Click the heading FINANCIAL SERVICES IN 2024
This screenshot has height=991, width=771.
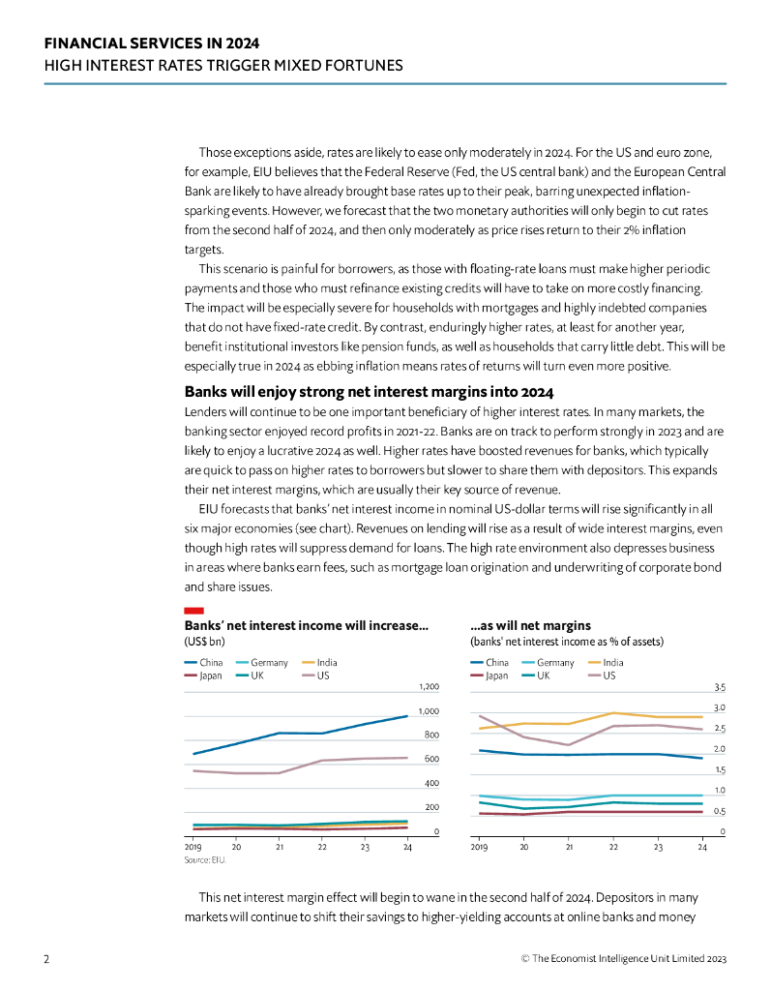click(152, 44)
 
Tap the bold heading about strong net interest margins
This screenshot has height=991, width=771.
click(369, 392)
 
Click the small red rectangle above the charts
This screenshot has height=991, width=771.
click(193, 611)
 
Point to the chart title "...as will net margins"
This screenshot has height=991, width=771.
click(530, 626)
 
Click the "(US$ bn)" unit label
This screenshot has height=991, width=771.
click(204, 642)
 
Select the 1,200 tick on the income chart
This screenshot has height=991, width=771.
click(429, 687)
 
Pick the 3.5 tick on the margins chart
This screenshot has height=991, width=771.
click(720, 687)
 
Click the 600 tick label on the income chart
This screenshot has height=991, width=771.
click(431, 760)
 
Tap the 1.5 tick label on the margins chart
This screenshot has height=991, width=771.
click(720, 770)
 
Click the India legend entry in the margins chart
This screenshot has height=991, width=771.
click(612, 663)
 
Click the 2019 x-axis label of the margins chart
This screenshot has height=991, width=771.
click(479, 847)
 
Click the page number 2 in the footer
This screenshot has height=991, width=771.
click(46, 958)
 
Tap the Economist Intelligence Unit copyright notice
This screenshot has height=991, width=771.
click(623, 958)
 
